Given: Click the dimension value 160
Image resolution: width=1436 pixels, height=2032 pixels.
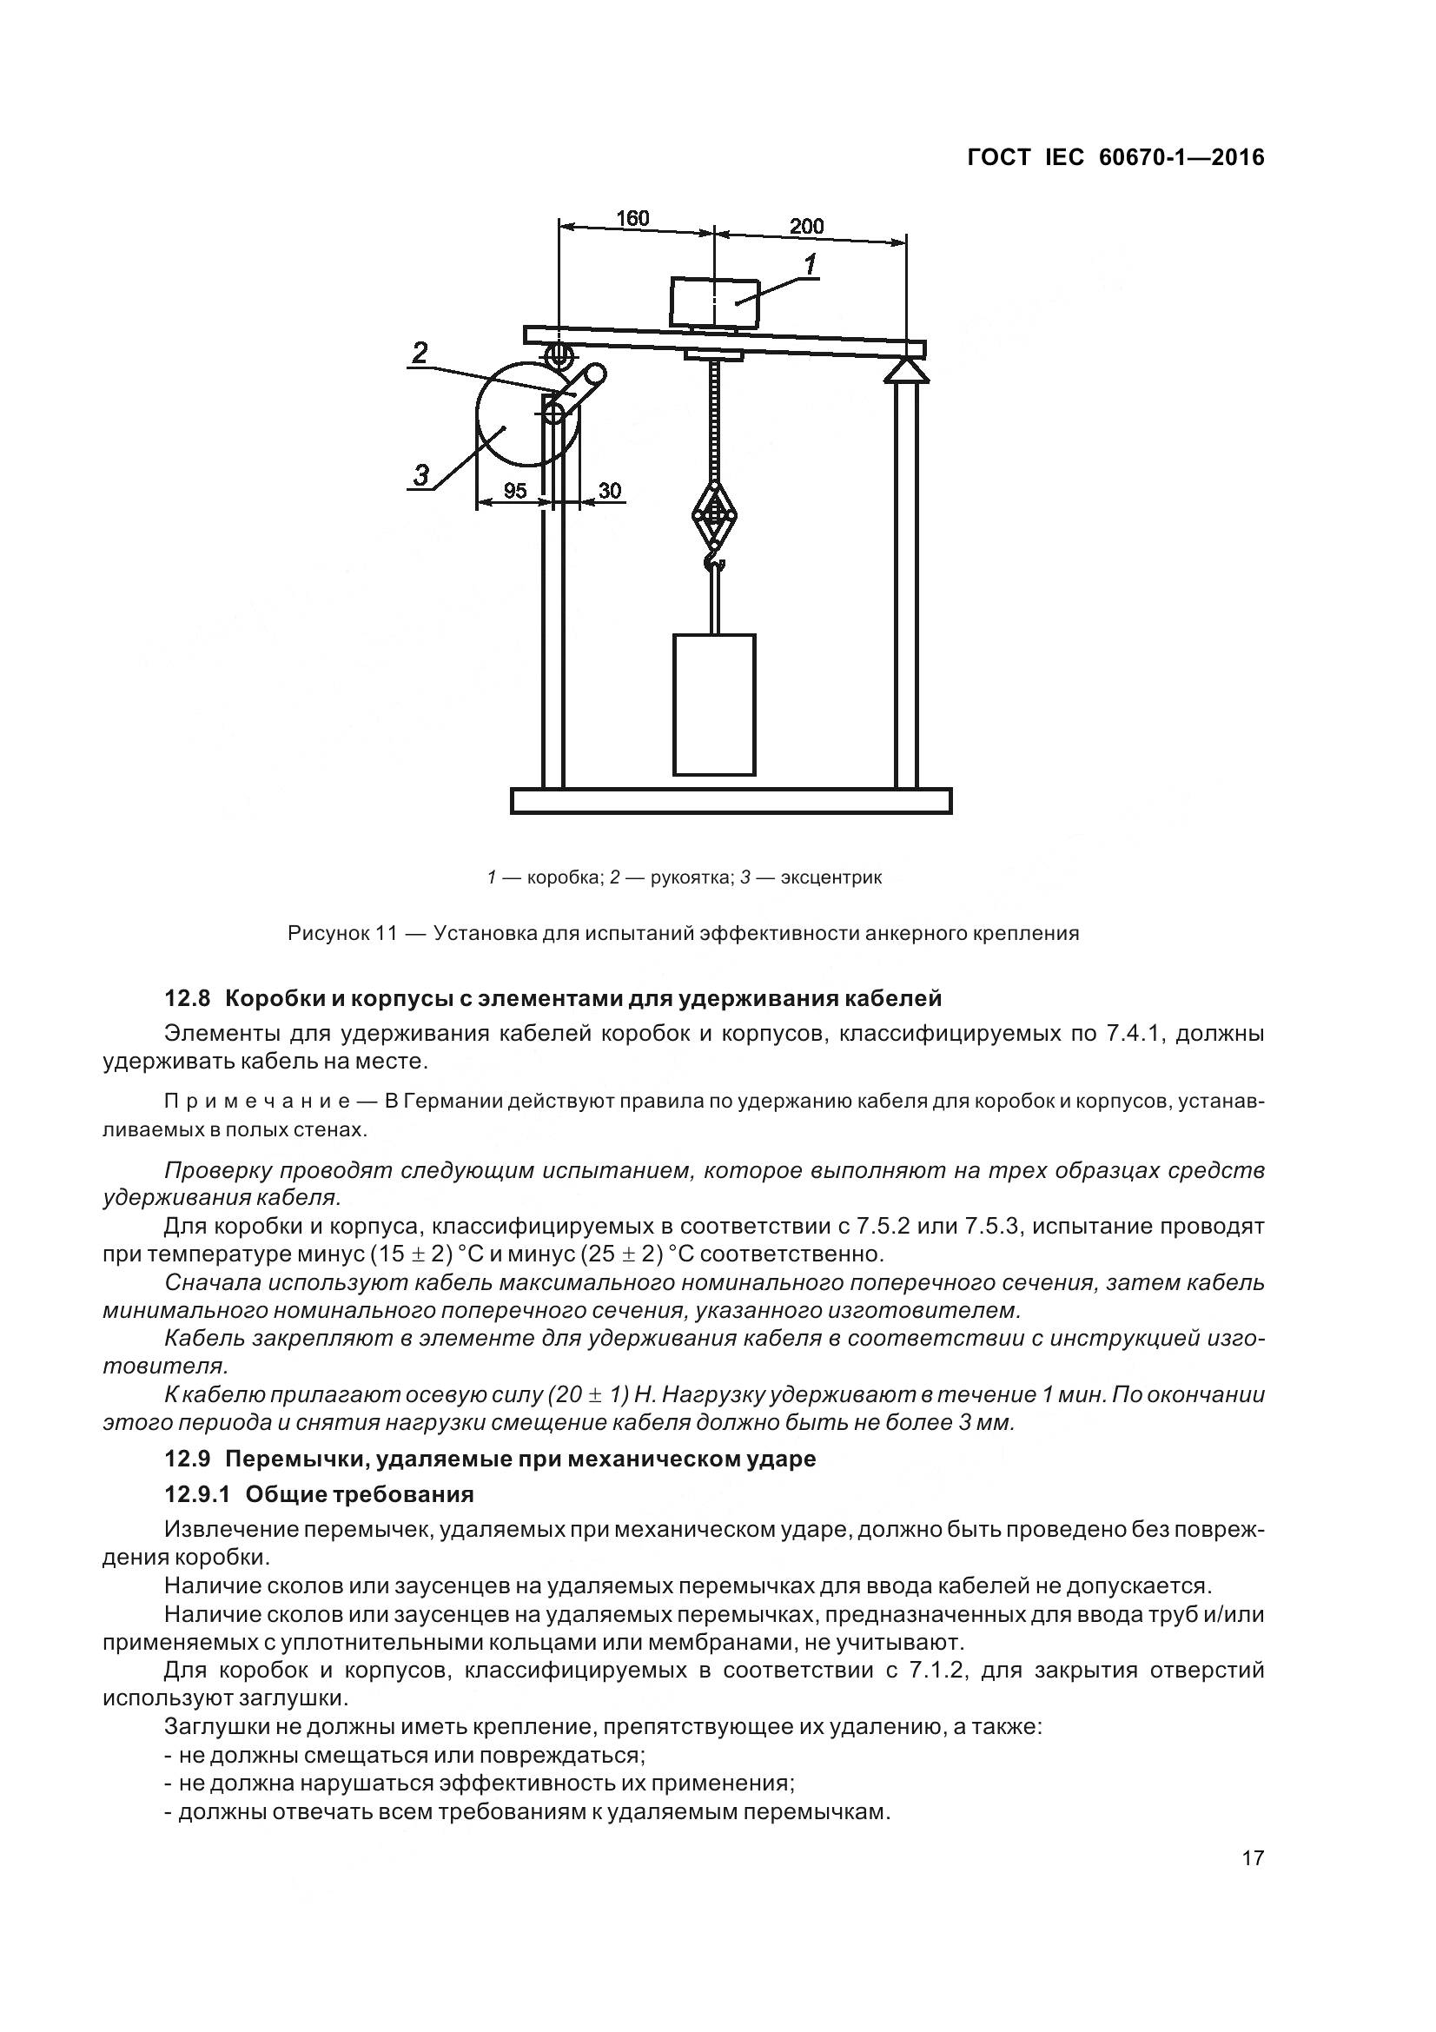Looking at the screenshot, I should [632, 218].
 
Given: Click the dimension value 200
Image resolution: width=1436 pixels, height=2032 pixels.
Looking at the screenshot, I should [806, 226].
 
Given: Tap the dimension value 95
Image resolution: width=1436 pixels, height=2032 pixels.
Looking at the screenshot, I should [515, 490].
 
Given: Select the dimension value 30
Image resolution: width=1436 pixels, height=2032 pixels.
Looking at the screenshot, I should [609, 490].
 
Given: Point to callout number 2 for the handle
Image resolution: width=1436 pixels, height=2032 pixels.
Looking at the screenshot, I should [420, 352].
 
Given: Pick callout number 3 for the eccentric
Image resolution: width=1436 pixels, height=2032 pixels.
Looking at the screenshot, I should [422, 475].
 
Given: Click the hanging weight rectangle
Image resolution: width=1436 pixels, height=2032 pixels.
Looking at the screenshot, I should [714, 705].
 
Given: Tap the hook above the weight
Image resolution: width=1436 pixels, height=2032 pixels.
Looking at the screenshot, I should [714, 560].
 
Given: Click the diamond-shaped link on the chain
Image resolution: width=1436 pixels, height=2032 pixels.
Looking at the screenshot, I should [714, 517].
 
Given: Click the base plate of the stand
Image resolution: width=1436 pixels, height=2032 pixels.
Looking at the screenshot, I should [731, 801].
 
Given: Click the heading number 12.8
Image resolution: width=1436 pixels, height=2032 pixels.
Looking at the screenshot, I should [187, 999].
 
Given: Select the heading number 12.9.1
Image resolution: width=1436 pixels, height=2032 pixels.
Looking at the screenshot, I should [197, 1495].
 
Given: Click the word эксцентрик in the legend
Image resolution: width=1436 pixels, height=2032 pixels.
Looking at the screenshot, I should [830, 878].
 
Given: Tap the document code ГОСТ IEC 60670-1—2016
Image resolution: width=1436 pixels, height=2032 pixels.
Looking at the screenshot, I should [1115, 157].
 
